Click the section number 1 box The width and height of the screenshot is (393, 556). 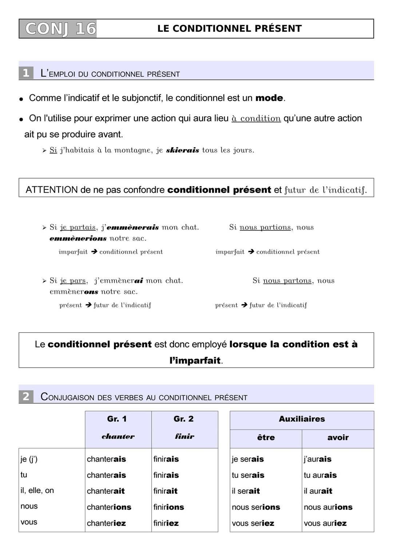[26, 73]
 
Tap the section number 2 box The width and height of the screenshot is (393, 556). [26, 396]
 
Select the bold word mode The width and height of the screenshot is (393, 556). [269, 98]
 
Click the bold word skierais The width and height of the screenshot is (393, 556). [182, 150]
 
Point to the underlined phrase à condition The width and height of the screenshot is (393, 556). [256, 118]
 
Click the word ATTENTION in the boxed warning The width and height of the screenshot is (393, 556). [52, 190]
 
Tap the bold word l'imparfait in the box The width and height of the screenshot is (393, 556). [195, 360]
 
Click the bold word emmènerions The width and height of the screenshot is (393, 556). [78, 238]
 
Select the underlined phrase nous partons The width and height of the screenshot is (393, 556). [287, 281]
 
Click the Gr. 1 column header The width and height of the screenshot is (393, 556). [117, 419]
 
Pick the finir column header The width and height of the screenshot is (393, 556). [184, 436]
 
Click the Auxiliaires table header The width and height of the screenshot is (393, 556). [302, 419]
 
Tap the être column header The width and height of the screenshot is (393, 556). [266, 438]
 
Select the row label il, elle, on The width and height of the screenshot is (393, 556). [37, 490]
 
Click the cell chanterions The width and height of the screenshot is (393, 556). [109, 507]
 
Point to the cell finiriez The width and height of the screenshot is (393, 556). [166, 523]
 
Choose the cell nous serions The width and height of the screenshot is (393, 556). [256, 507]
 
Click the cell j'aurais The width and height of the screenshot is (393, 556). [317, 459]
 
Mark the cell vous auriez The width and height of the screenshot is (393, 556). [325, 523]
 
